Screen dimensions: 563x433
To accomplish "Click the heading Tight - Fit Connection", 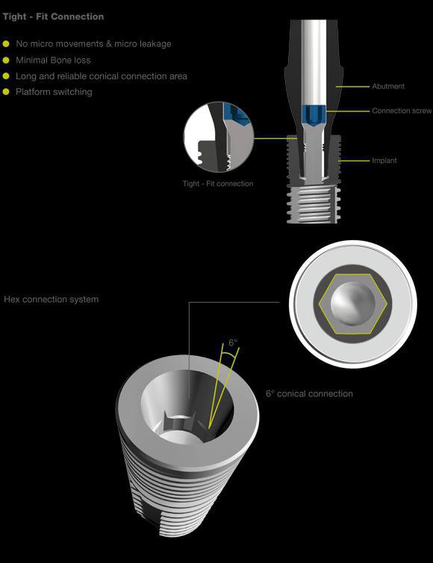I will click(x=54, y=16).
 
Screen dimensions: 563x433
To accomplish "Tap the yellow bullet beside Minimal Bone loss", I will click(x=7, y=60).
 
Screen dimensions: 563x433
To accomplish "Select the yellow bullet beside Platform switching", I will click(x=7, y=92).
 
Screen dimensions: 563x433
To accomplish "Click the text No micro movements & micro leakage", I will click(x=93, y=43).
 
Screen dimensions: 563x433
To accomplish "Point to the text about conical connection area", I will click(x=101, y=76).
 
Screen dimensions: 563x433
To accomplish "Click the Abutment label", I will click(x=388, y=86).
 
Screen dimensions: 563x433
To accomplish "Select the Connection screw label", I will click(x=402, y=111).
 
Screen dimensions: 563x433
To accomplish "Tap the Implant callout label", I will click(x=384, y=161).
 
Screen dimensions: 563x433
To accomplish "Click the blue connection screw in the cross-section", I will click(x=313, y=114).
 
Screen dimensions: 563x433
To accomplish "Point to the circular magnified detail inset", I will click(x=218, y=137).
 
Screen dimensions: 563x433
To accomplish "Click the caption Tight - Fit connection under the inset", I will click(x=218, y=183).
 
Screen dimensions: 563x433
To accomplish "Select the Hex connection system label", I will click(x=52, y=300).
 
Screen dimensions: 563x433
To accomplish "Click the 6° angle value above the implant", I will click(x=234, y=342).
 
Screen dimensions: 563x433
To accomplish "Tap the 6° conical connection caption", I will click(x=309, y=393).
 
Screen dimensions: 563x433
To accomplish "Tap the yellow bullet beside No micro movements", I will click(x=7, y=43).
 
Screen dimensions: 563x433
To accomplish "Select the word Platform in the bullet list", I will click(x=34, y=92).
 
